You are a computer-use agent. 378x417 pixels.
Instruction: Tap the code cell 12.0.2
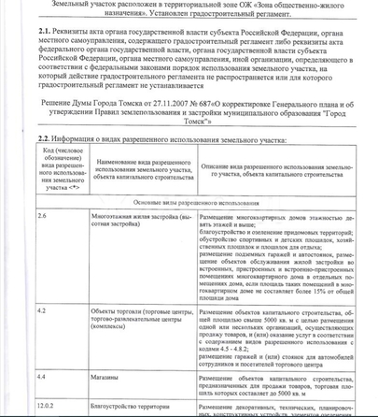pos(47,407)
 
